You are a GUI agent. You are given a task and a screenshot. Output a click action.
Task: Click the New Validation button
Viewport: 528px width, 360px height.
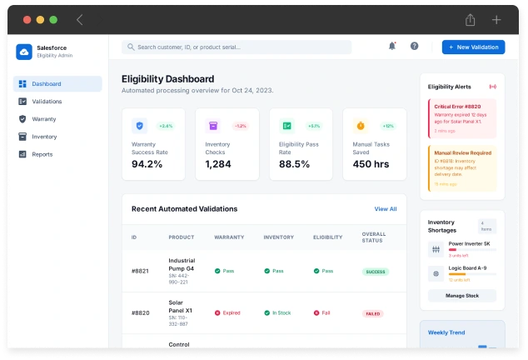pos(473,47)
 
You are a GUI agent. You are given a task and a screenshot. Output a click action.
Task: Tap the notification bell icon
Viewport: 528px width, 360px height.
pos(392,47)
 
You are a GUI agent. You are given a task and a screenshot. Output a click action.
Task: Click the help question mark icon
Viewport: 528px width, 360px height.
pos(414,47)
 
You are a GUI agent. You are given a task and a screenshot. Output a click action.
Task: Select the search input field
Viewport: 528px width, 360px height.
pos(237,47)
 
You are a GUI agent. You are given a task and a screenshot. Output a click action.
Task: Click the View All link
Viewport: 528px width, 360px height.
pos(386,209)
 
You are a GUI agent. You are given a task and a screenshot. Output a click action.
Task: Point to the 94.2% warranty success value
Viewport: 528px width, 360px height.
pos(147,164)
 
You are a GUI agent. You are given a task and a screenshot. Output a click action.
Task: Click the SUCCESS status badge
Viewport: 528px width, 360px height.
pos(376,272)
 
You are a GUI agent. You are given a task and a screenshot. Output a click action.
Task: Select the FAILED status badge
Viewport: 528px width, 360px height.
pos(374,314)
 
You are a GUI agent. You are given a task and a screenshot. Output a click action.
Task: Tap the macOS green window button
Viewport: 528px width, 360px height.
pos(53,19)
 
